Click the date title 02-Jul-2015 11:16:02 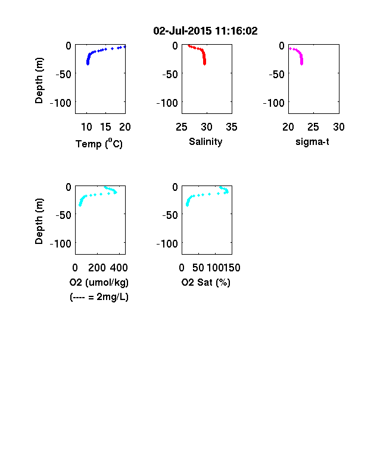click(x=205, y=31)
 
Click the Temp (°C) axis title click(x=99, y=144)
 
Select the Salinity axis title click(x=205, y=141)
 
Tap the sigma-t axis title click(x=312, y=142)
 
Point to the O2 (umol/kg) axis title click(x=99, y=282)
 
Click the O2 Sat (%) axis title click(x=206, y=282)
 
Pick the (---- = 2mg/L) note click(x=99, y=297)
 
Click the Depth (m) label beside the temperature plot click(x=39, y=81)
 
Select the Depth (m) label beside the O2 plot click(x=39, y=221)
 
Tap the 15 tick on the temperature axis click(x=105, y=127)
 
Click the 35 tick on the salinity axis click(x=232, y=127)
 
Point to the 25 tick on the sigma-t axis click(x=313, y=127)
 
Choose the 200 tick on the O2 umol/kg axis click(x=97, y=268)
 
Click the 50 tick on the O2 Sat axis click(x=198, y=268)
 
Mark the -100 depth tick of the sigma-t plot click(x=274, y=103)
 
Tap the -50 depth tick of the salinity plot click(x=170, y=75)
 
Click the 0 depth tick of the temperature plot click(x=68, y=46)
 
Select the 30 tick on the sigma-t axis click(x=339, y=127)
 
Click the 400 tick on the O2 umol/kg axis click(x=119, y=268)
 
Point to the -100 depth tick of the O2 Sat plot click(x=167, y=244)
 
